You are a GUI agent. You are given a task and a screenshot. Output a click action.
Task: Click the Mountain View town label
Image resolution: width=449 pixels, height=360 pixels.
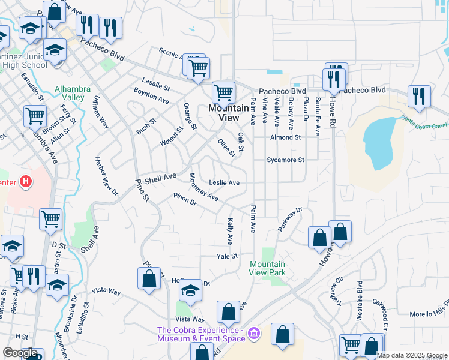(228, 113)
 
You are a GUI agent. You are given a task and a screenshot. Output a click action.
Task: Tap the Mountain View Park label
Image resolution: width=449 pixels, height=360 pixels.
(267, 268)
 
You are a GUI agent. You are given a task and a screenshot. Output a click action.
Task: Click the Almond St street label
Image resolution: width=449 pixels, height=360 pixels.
(285, 137)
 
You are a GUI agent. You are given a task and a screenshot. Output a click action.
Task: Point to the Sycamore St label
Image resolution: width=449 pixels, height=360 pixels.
(286, 160)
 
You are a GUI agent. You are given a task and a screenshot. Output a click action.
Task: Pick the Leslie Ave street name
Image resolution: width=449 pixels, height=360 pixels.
(224, 182)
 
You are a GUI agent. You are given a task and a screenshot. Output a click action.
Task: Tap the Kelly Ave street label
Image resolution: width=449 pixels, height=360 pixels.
(230, 231)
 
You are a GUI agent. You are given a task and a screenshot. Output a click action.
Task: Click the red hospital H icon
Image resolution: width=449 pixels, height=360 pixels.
(25, 181)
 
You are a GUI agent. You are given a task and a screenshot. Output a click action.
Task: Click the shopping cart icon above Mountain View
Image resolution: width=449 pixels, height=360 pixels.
(223, 92)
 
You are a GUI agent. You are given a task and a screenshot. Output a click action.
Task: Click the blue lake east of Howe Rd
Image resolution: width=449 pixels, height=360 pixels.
(379, 142)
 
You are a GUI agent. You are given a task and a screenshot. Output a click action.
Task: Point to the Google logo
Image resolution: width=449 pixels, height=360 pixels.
(20, 353)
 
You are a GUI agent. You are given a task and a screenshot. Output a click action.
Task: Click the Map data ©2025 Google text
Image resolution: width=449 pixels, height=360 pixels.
(411, 355)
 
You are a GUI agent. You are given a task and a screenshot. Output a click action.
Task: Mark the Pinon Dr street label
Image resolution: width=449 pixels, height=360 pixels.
(185, 199)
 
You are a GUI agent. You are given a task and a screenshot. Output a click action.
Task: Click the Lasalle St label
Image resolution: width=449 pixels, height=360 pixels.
(156, 82)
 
